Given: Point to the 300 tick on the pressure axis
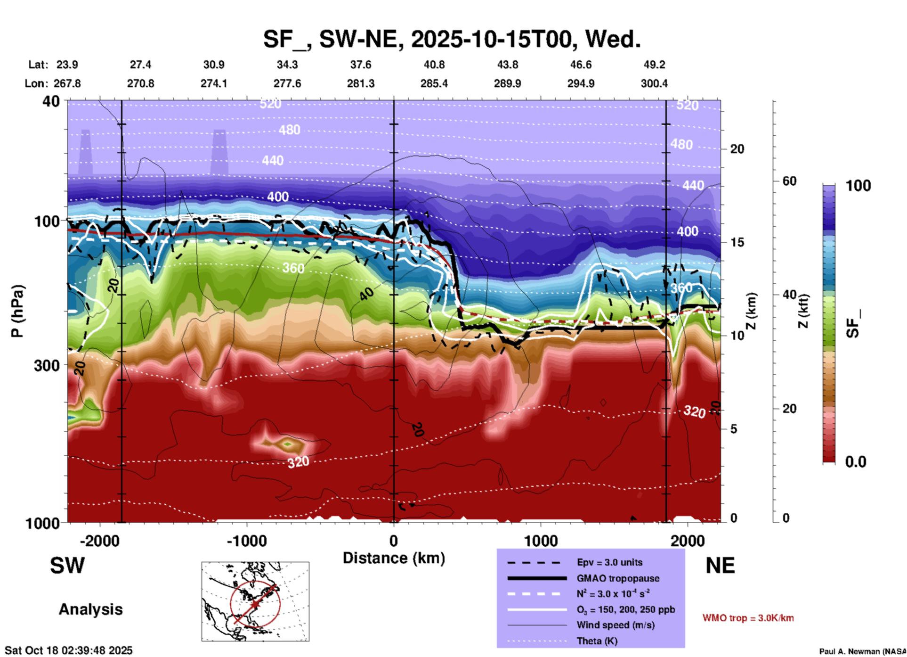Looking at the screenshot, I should tap(47, 366).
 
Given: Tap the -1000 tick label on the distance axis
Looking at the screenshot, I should tap(247, 541).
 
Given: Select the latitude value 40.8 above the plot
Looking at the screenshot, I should tap(434, 65).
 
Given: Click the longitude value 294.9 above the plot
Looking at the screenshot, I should tap(580, 83).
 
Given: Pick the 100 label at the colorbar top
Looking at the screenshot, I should tap(858, 186).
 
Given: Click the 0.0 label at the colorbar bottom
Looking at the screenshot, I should tap(856, 462).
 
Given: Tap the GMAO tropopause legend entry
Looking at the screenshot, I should tap(617, 578).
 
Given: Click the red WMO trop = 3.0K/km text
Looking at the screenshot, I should tap(748, 618).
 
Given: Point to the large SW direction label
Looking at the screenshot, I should tap(67, 566).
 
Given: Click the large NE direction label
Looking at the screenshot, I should tap(720, 566).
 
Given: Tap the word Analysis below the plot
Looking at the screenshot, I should tap(90, 609).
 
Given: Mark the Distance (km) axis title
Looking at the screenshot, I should tap(394, 558).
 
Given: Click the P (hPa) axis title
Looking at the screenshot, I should tap(17, 311).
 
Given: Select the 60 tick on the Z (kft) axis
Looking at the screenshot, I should tap(789, 181).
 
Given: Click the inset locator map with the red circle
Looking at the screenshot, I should tap(255, 601).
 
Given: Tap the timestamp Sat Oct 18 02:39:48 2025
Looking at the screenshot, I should tap(69, 650).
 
